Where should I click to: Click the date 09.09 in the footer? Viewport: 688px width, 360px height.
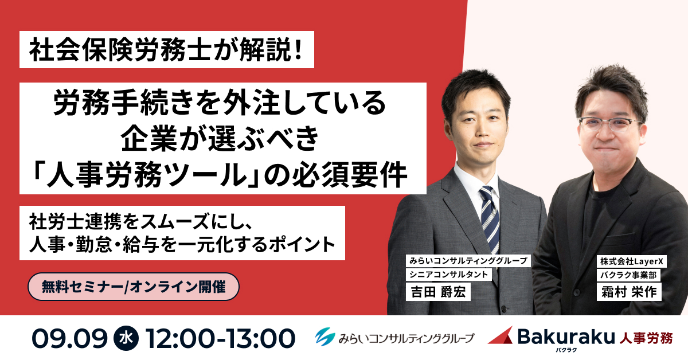tap(70, 338)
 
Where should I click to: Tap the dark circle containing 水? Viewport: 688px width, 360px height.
tap(126, 338)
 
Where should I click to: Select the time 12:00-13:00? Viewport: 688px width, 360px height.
tap(221, 338)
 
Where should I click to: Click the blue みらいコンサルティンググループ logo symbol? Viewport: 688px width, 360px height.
tap(325, 337)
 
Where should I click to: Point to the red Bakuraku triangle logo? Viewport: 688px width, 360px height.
tap(501, 335)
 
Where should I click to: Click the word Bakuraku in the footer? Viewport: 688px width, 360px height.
tap(566, 336)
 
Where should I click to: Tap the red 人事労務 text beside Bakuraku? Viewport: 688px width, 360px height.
tap(646, 338)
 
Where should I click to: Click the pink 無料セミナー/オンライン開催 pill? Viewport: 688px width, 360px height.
tap(133, 287)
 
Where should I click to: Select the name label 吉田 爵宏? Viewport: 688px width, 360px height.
tap(438, 292)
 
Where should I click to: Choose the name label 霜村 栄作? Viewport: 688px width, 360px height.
tap(629, 292)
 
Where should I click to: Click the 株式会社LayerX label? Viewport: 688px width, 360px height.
tap(631, 261)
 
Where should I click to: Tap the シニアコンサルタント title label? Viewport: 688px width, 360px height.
tap(448, 275)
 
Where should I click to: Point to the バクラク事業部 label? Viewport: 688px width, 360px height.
tap(628, 275)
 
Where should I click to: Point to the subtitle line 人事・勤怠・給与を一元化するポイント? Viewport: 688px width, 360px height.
tap(182, 245)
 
